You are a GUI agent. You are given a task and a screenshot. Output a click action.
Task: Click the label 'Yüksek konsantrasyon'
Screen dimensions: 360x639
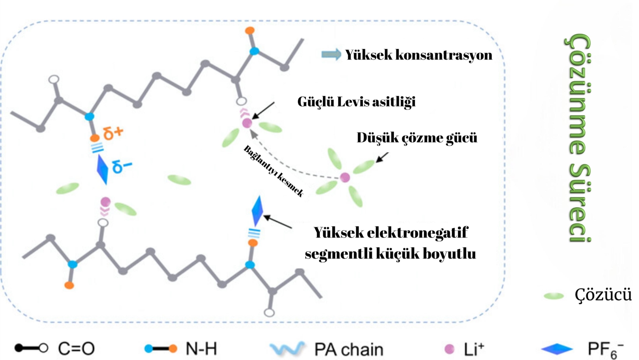pos(418,55)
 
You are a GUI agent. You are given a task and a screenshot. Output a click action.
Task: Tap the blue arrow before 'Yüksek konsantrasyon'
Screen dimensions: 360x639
pos(331,55)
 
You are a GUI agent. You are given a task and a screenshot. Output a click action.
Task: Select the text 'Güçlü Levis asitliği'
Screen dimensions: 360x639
pos(356,102)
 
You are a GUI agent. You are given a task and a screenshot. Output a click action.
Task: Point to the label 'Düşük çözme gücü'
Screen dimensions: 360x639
pos(417,137)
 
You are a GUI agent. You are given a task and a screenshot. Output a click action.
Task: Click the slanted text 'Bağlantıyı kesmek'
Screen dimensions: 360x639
pos(274,171)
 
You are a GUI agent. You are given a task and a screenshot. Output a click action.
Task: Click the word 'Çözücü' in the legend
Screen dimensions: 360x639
pos(603,295)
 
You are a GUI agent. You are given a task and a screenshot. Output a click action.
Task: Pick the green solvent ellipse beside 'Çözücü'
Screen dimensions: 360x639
pos(553,296)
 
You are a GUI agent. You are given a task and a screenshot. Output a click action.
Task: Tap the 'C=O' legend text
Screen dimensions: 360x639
pos(76,349)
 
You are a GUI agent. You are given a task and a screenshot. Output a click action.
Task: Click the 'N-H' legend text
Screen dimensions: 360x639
pos(201,349)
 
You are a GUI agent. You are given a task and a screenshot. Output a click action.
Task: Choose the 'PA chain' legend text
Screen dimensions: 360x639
pos(348,349)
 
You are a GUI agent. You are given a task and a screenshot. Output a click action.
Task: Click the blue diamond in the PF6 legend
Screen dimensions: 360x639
pos(556,349)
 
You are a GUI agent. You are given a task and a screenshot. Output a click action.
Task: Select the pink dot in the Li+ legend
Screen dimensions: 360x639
pos(449,349)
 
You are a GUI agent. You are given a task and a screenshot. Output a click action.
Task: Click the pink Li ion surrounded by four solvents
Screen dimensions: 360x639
pos(345,177)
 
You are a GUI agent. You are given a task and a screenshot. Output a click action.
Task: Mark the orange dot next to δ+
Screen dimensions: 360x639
pos(95,138)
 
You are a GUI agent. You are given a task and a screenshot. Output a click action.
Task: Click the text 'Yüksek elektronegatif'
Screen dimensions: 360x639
pos(390,233)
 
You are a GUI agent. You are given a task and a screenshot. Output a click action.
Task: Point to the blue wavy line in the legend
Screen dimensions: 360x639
pos(287,349)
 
